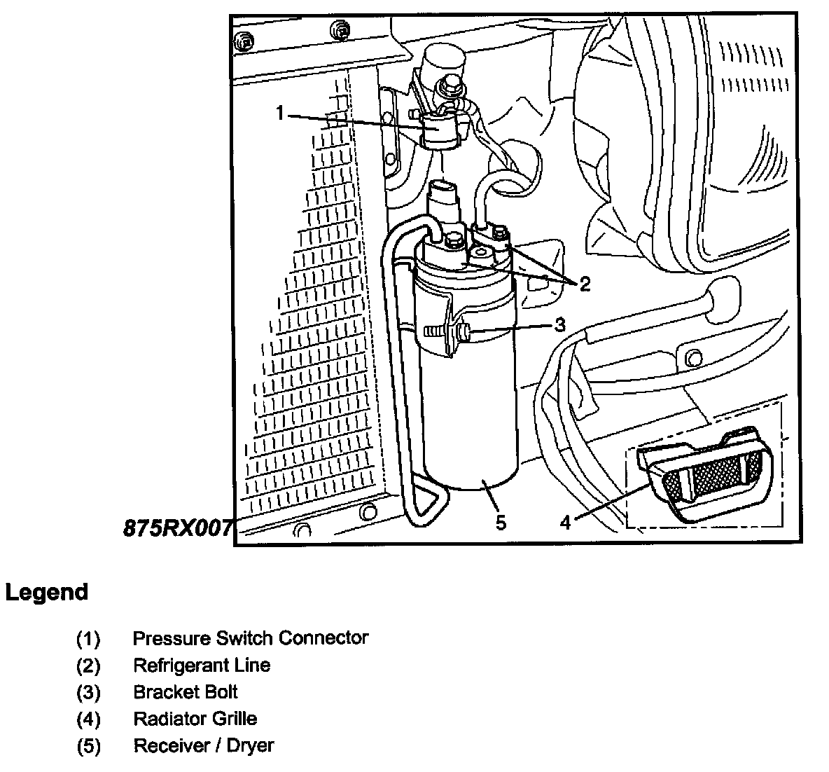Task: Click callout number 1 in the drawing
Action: (281, 112)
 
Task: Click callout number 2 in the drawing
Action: (585, 284)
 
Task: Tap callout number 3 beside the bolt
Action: (559, 325)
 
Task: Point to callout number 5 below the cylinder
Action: (501, 523)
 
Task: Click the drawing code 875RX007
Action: (178, 527)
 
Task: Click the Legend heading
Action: (47, 593)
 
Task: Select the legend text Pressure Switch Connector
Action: (250, 638)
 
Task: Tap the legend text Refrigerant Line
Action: (202, 665)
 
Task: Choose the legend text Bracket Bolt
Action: (186, 692)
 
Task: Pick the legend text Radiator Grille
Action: (195, 719)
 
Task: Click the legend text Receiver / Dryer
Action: (203, 745)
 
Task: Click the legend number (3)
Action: (88, 692)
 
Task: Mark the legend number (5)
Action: (88, 745)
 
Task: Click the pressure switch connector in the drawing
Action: (440, 130)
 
